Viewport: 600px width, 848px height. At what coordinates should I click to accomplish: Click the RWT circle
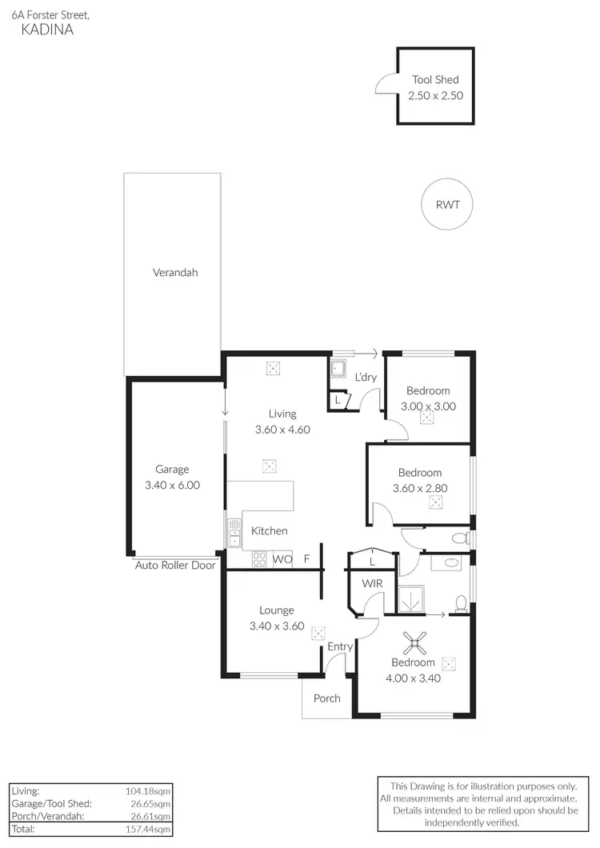tap(446, 204)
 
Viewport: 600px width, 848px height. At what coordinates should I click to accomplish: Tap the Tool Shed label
tap(436, 80)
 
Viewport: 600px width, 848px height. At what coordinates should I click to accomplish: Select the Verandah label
tap(175, 273)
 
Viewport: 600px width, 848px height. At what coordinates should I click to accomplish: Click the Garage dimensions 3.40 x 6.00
tap(172, 485)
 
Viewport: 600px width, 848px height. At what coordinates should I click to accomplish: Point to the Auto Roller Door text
tap(175, 565)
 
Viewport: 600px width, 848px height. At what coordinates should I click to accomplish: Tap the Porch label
tap(326, 698)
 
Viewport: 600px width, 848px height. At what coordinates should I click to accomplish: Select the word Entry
tap(340, 646)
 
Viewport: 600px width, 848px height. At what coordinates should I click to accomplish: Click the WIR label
tap(373, 584)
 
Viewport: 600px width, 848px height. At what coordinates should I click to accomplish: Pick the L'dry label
tap(366, 377)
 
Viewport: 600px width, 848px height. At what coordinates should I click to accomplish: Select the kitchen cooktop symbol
tap(259, 559)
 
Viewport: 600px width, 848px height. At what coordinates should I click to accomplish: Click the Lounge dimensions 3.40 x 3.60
tap(277, 626)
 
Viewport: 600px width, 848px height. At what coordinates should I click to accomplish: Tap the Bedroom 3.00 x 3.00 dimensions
tap(428, 406)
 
